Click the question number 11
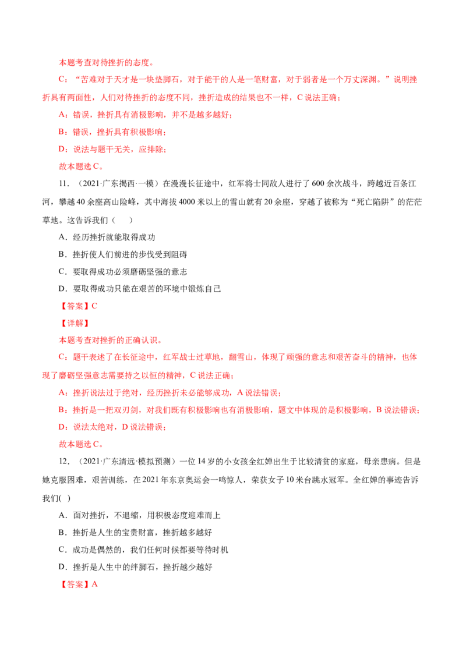coord(63,183)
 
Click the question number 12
coord(63,462)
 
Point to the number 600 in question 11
coord(318,183)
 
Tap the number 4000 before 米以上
coord(188,202)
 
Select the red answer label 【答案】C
coord(78,306)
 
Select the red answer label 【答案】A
coord(78,584)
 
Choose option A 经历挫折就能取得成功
coord(107,237)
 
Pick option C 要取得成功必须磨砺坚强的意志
coord(123,271)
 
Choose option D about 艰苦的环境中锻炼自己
coord(140,289)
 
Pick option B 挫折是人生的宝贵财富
coord(135,533)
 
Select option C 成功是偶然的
coord(143,550)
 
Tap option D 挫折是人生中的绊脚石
coord(135,567)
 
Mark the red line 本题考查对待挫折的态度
coord(106,63)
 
